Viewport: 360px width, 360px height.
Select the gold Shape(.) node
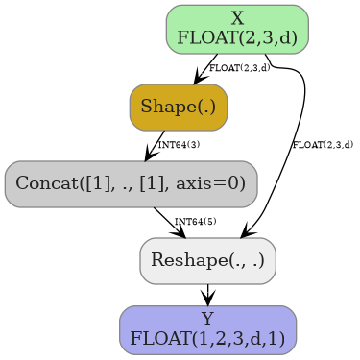(179, 107)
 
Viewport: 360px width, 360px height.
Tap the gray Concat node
(131, 183)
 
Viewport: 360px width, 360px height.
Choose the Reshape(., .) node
(207, 260)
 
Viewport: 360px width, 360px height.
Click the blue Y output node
(207, 329)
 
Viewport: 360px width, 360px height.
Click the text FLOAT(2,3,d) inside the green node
(237, 39)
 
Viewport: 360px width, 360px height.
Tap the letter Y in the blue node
(207, 319)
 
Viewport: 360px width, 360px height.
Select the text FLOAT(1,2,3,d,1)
(207, 339)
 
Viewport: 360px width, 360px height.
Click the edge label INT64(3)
(179, 145)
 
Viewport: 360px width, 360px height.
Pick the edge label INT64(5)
(196, 222)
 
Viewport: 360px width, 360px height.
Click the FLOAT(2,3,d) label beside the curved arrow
(323, 145)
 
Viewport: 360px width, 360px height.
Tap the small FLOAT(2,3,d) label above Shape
(239, 68)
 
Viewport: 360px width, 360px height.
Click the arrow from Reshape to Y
(207, 295)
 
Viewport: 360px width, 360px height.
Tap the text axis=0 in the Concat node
(213, 183)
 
